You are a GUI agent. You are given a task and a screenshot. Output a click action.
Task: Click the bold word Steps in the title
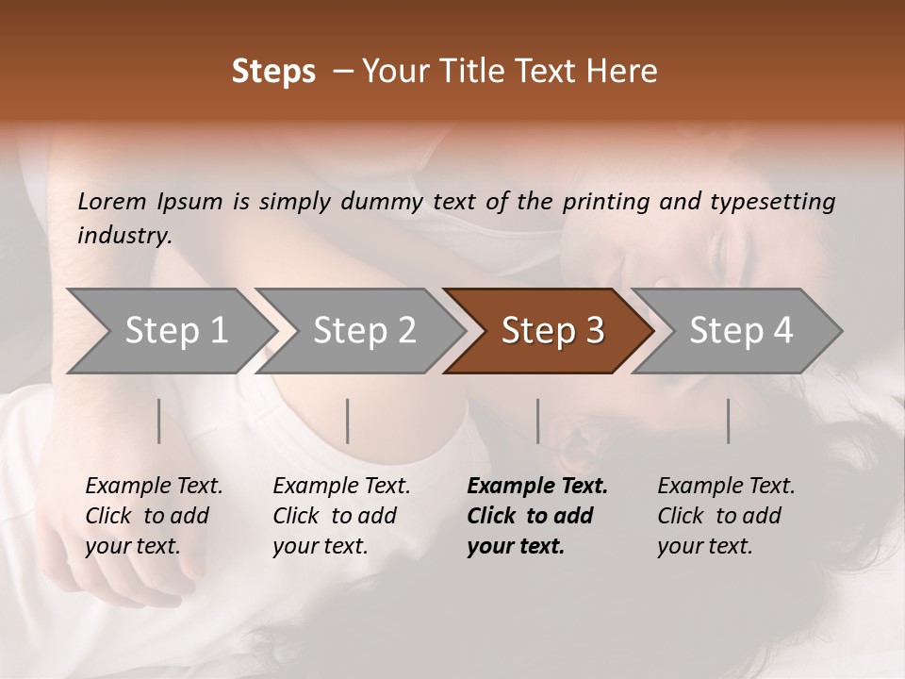pos(273,72)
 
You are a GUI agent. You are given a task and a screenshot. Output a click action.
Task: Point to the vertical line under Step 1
pos(159,421)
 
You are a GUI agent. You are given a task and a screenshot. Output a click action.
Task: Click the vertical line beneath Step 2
pos(348,421)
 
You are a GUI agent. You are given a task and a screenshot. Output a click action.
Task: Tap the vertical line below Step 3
pos(538,421)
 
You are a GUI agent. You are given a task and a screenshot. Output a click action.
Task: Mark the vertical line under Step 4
pos(729,421)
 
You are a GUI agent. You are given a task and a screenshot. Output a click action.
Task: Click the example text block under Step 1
pos(154,516)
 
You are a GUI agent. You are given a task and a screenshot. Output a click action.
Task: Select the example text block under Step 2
pos(341,516)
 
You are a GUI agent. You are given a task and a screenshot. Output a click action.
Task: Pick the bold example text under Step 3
pos(537,516)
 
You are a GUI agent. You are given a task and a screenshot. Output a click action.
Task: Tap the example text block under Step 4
pos(726,516)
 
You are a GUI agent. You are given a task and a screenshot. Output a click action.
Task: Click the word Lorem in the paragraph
pos(111,202)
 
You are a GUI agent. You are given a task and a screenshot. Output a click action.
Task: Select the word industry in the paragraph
pos(123,236)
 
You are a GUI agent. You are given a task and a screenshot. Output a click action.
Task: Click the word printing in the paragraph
pos(606,202)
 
